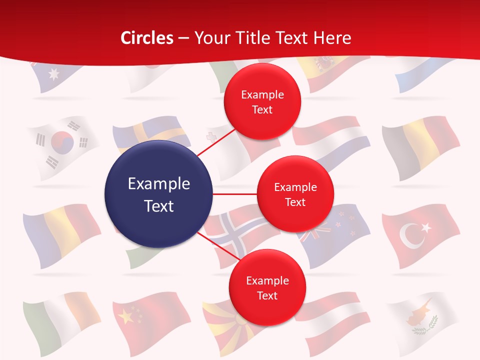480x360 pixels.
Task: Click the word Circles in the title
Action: click(x=146, y=38)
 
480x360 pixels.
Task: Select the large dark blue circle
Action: click(x=158, y=194)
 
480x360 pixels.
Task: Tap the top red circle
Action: click(x=262, y=101)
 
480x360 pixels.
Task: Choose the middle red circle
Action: click(x=295, y=194)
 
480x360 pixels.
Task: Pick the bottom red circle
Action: click(x=267, y=287)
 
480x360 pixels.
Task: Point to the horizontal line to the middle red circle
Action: click(x=235, y=194)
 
